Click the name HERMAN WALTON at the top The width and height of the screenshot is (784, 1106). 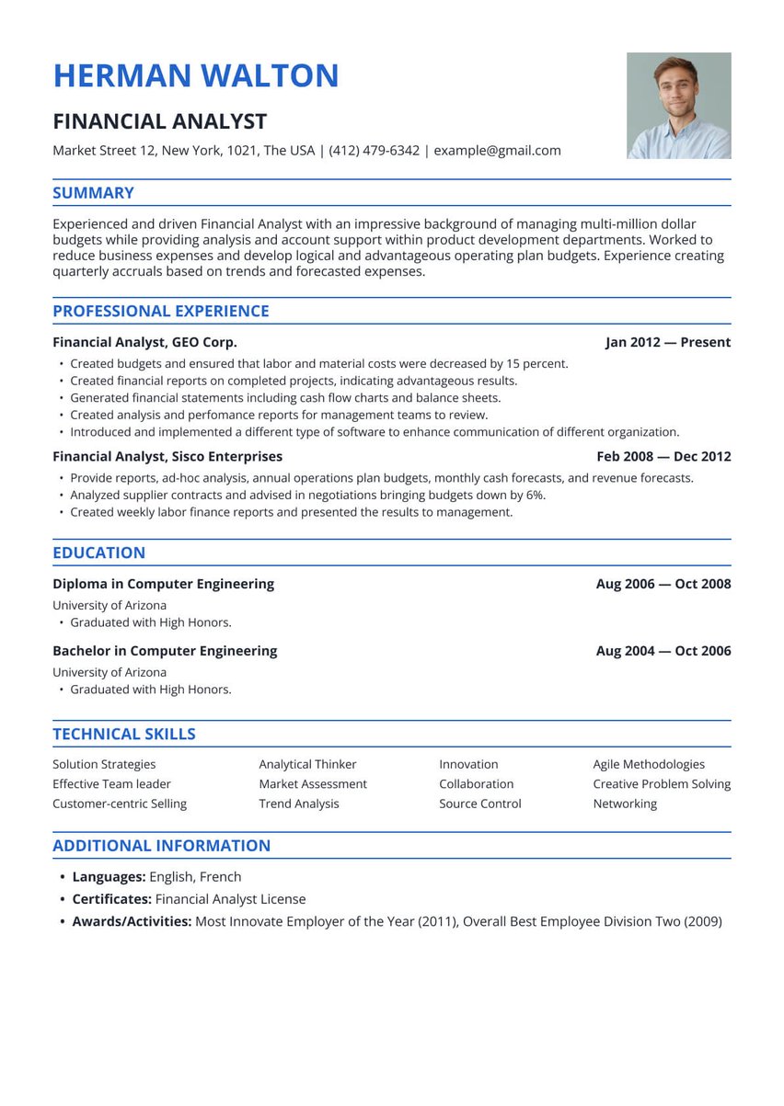coord(196,75)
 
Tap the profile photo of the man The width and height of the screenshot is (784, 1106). coord(678,106)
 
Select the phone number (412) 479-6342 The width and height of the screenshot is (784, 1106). coord(374,151)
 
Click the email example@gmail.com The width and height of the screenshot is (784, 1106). coord(497,151)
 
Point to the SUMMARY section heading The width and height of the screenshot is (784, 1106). coord(93,193)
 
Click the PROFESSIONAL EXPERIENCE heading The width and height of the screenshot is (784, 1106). coord(161,311)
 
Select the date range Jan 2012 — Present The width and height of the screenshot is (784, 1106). coord(667,342)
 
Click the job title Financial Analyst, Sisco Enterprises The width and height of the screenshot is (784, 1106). coord(167,456)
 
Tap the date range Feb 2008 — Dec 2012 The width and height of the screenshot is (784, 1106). coord(663,456)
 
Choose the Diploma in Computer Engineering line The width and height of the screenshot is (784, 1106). coord(163,584)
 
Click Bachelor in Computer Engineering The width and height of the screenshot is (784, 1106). coord(165,651)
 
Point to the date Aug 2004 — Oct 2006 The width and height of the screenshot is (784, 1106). coord(663,651)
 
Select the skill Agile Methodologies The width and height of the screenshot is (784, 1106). coord(649,764)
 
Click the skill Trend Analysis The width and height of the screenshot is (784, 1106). coord(299,804)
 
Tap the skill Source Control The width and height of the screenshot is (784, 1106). coord(479,804)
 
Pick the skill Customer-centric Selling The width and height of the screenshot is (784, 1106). coord(120,804)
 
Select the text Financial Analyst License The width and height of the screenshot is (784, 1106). coord(230,899)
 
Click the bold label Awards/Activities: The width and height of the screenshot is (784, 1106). coord(132,921)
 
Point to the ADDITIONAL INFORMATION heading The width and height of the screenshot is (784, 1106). coord(161,846)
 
